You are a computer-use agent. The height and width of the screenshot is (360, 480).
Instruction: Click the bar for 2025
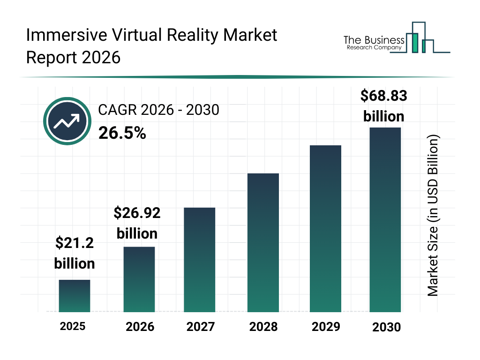click(74, 296)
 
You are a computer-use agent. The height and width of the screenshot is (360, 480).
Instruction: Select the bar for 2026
click(139, 279)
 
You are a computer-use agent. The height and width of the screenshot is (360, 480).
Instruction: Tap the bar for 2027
click(199, 260)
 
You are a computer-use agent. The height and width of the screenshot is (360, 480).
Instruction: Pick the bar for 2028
click(263, 243)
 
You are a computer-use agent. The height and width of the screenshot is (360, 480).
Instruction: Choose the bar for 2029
click(325, 229)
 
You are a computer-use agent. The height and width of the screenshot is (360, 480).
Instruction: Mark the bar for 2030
click(385, 219)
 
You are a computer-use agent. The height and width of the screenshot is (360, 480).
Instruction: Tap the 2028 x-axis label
click(263, 327)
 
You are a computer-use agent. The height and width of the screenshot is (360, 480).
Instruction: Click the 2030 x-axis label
click(387, 327)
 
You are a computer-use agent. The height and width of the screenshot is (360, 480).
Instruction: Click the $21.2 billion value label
click(75, 253)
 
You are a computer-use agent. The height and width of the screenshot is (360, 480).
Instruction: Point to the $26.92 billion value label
click(137, 223)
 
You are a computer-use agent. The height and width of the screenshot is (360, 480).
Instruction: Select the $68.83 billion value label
click(383, 106)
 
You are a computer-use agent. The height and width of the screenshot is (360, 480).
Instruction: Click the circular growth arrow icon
click(67, 121)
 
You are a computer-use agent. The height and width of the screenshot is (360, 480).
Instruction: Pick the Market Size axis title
click(433, 216)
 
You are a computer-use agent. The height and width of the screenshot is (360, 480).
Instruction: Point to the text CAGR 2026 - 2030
click(158, 110)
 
